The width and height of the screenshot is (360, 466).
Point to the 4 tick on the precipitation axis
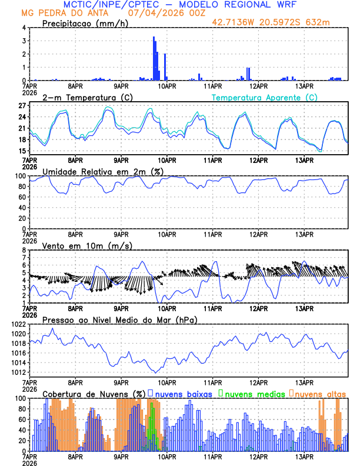point(24,28)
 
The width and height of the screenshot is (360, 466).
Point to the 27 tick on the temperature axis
point(21,106)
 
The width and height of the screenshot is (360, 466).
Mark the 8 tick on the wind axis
point(24,250)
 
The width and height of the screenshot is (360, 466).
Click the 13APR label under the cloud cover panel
point(304,457)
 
